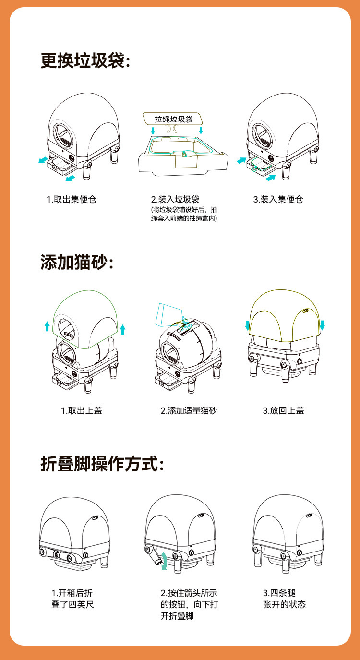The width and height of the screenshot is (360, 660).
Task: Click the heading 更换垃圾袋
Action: pos(85,60)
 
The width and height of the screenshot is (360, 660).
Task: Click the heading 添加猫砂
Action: pos(77,262)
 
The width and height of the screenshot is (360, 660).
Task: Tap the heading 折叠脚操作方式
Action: pos(102,464)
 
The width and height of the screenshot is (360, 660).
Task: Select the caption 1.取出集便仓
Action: pos(72,200)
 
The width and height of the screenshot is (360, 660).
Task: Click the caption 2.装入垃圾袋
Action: pos(175,200)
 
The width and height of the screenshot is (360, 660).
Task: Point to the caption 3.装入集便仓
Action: pos(278,200)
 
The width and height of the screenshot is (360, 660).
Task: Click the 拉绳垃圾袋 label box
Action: pos(173,119)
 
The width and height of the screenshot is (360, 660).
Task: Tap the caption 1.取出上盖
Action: pos(81,410)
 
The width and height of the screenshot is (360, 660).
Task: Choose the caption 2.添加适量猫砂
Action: pos(189,410)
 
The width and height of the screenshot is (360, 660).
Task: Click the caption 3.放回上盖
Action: pos(283,410)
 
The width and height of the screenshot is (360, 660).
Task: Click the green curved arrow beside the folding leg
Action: pos(164,561)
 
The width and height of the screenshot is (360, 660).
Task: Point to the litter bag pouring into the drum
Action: pos(168,315)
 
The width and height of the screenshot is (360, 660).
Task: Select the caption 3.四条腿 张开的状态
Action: pos(284,599)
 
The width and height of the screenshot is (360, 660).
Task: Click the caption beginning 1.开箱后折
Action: pos(72,599)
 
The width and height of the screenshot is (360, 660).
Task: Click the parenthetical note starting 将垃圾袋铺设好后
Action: pos(184,214)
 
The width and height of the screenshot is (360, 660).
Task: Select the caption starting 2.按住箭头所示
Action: pos(189,604)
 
